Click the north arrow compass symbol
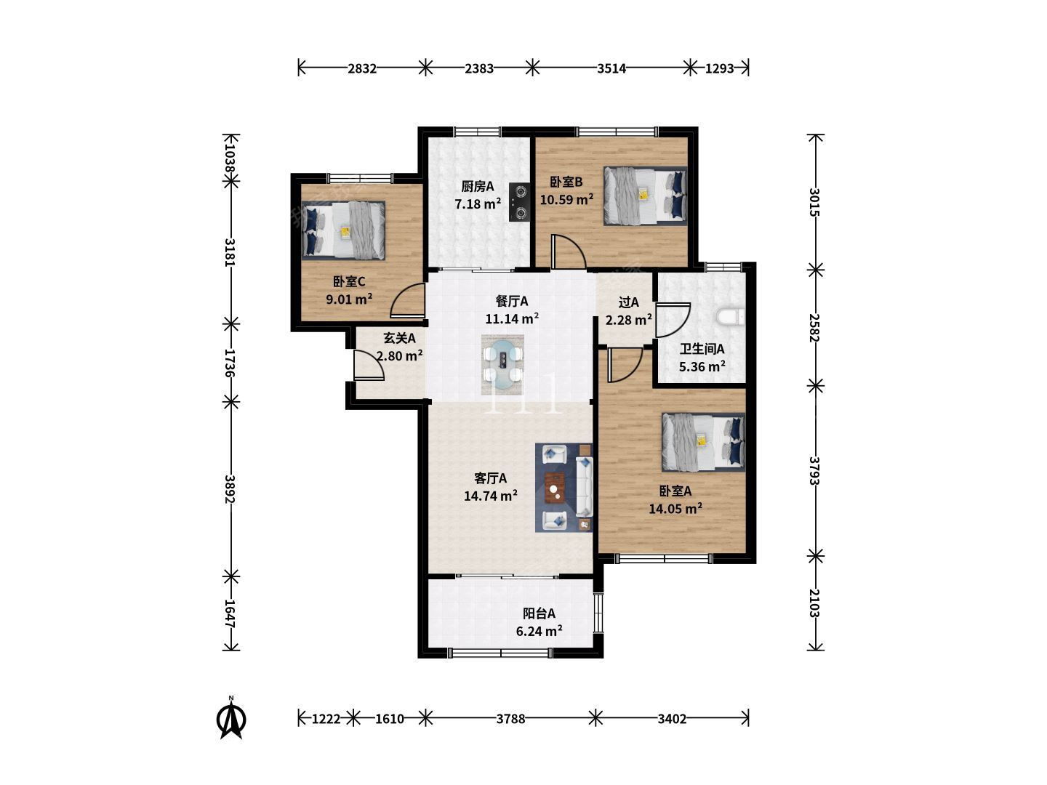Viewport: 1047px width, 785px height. (231, 718)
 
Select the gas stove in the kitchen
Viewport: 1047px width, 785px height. (520, 203)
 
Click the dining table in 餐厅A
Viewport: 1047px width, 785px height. (502, 365)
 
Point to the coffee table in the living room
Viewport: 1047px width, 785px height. (554, 488)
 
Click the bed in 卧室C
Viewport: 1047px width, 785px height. (343, 230)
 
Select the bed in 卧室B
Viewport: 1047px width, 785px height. (645, 196)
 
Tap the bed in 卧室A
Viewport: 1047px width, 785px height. (703, 443)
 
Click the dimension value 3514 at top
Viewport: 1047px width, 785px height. (611, 68)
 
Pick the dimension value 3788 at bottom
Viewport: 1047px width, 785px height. (510, 719)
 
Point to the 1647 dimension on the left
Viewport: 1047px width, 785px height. (231, 614)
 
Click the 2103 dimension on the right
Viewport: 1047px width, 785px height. (815, 603)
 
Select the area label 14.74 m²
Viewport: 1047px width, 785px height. (491, 496)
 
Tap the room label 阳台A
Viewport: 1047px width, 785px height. (539, 613)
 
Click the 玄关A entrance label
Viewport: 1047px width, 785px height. (400, 339)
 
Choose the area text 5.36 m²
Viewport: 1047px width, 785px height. (702, 366)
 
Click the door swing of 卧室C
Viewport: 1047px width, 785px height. (408, 299)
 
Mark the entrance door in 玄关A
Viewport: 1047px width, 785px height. (369, 365)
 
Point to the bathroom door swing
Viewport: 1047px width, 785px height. (673, 321)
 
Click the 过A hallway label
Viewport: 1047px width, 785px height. (629, 302)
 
